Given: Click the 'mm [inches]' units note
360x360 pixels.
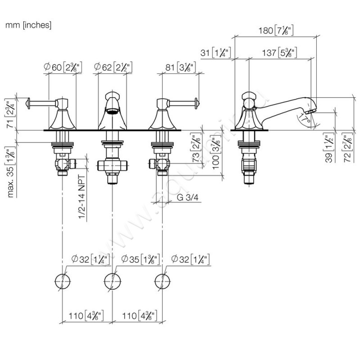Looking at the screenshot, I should (28, 26).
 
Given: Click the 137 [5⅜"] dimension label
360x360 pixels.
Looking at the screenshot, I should (279, 53).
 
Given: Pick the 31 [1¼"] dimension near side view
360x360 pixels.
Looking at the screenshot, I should (216, 53).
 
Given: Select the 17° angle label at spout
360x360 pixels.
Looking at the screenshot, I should (305, 119).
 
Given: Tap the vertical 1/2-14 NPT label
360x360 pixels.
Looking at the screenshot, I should (83, 197).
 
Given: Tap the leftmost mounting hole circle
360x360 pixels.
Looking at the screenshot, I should (63, 281).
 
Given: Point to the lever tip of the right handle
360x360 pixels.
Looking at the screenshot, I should (197, 103).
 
